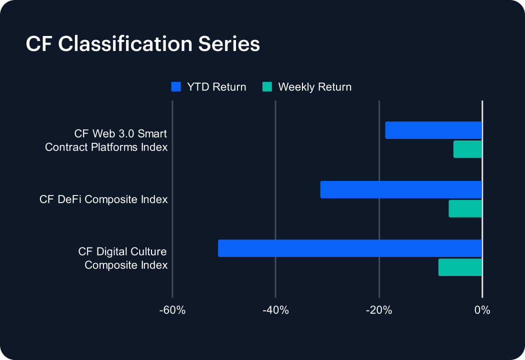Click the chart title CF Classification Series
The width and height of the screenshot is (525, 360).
coord(143,44)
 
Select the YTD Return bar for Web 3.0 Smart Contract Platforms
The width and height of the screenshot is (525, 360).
coord(433,130)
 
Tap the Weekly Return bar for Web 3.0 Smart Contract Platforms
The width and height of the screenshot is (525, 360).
coord(467,149)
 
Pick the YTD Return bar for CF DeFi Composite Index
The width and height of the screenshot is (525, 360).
coord(401,189)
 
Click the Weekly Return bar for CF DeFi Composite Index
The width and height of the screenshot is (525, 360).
coord(465,208)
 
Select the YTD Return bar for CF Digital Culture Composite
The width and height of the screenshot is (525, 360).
coord(350,248)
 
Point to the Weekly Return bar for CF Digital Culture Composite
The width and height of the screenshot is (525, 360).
coord(460,267)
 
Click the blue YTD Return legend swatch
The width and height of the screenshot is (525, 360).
coord(176,87)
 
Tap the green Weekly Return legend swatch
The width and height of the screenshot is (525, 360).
coord(267,87)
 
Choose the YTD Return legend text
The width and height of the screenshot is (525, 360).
coord(216,87)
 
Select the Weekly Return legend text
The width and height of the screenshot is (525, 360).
coord(314,87)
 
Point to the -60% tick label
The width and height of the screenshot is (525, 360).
coord(172,310)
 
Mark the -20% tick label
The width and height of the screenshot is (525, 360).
coord(379,310)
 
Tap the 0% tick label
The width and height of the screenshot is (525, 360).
coord(482,310)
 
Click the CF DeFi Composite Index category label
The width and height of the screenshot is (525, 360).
coord(103,199)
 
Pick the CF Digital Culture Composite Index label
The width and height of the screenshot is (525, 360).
coord(122,258)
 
